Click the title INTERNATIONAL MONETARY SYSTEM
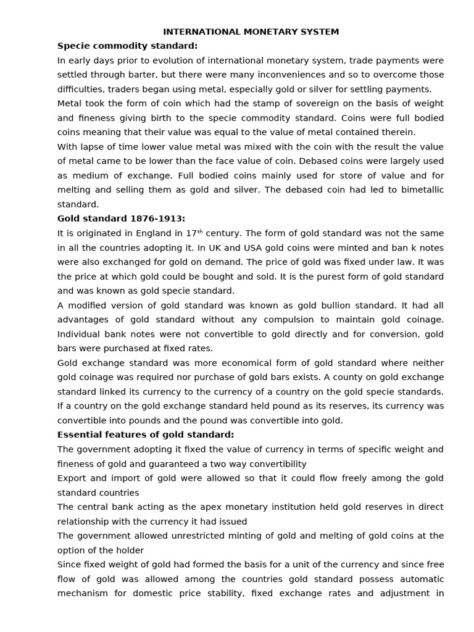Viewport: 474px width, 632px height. [251, 31]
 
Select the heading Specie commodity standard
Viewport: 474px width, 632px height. [128, 46]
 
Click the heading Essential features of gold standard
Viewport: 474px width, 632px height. [146, 434]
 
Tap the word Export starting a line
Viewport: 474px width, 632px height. [72, 478]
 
